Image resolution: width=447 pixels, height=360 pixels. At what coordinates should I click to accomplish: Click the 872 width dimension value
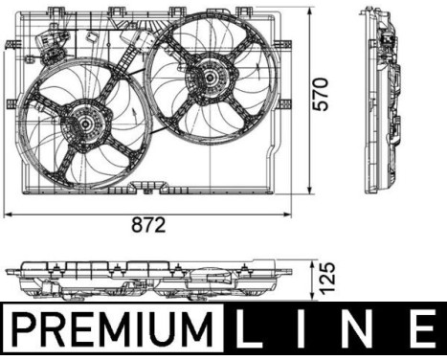click(x=148, y=224)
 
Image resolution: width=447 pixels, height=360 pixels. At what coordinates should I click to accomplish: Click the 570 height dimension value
click(x=320, y=95)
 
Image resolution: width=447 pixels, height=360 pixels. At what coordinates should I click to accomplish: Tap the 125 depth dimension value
click(x=327, y=279)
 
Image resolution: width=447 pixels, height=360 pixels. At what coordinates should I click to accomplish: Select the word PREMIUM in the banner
click(x=112, y=329)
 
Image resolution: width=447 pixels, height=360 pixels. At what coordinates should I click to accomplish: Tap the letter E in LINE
click(x=422, y=329)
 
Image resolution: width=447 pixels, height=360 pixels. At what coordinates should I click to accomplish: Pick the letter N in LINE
click(x=360, y=329)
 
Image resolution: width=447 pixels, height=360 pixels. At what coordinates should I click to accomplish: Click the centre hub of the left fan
click(x=85, y=124)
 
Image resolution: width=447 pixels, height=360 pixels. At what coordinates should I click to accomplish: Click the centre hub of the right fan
click(x=210, y=78)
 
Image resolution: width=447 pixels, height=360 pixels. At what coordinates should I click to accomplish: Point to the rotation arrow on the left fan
click(x=134, y=116)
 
